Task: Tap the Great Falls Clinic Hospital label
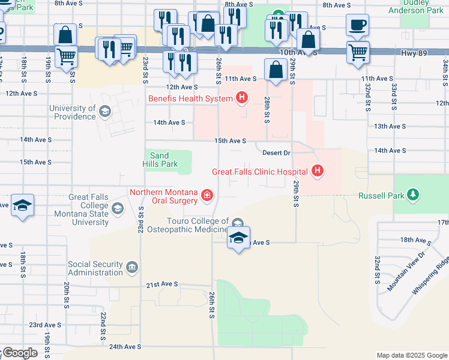point(259,172)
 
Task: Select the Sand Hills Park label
point(160,160)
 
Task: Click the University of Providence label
point(73,112)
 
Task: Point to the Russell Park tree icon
point(412,195)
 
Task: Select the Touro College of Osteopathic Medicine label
point(191,226)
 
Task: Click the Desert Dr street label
point(276,153)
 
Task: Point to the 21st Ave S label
point(162,284)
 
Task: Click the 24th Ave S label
point(125,346)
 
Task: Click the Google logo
point(19,353)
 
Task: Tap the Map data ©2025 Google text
point(411,355)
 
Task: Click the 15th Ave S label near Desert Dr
point(231,141)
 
